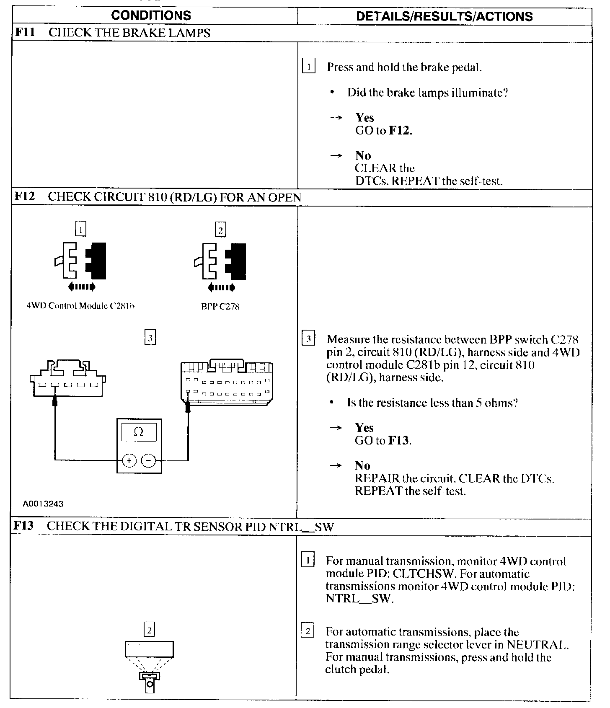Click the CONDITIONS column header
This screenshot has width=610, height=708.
pyautogui.click(x=151, y=16)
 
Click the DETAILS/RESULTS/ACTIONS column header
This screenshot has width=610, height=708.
pyautogui.click(x=444, y=16)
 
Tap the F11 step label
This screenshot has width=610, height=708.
pyautogui.click(x=25, y=33)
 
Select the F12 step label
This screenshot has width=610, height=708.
pyautogui.click(x=25, y=197)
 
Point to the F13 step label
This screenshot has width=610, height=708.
pyautogui.click(x=24, y=526)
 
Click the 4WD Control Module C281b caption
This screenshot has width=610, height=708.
pyautogui.click(x=80, y=306)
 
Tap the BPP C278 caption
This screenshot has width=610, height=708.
pyautogui.click(x=220, y=307)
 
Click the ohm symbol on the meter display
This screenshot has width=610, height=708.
pyautogui.click(x=139, y=432)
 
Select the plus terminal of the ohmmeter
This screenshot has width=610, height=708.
pyautogui.click(x=129, y=461)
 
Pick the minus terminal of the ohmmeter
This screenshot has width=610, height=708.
pyautogui.click(x=148, y=461)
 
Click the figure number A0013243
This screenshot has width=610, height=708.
pyautogui.click(x=43, y=504)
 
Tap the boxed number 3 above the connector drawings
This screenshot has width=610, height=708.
pyautogui.click(x=150, y=338)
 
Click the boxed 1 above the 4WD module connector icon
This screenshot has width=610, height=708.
pyautogui.click(x=80, y=229)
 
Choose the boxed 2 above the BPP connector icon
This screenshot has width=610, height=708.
pyautogui.click(x=220, y=230)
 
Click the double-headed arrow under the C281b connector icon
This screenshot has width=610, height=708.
pyautogui.click(x=82, y=287)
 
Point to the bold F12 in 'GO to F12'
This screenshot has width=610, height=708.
pyautogui.click(x=400, y=130)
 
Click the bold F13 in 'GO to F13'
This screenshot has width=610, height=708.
pyautogui.click(x=399, y=441)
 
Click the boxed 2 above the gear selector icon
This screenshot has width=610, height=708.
pyautogui.click(x=150, y=629)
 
